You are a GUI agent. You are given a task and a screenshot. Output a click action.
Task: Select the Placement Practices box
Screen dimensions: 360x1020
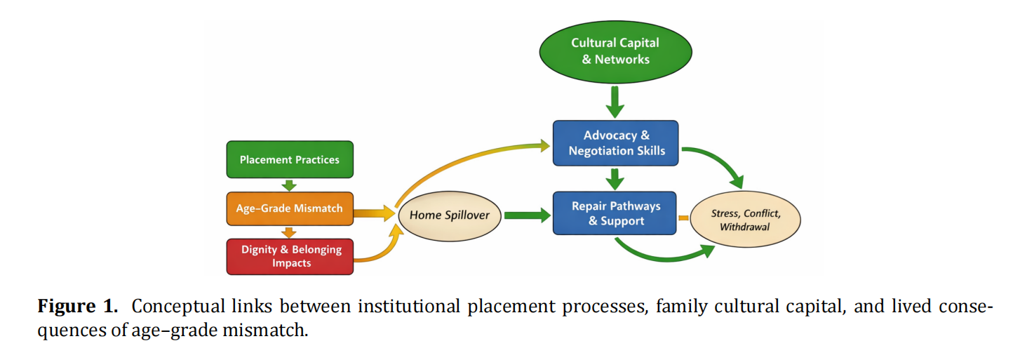(x=289, y=159)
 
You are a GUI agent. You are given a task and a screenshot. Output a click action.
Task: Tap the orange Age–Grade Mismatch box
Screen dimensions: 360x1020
(x=289, y=208)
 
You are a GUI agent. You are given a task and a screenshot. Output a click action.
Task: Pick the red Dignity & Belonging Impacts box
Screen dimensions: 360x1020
(x=289, y=256)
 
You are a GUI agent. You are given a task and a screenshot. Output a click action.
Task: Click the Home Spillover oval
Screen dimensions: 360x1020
(x=449, y=215)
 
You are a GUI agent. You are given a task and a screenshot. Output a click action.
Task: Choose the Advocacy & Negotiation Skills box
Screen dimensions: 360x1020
(x=615, y=143)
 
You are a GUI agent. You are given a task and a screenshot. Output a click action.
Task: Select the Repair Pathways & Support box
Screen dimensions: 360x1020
(x=615, y=213)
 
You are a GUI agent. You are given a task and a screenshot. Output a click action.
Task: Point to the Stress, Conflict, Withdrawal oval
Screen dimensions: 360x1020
(x=744, y=219)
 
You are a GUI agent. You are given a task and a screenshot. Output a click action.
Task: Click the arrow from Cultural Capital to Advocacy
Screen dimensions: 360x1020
(x=615, y=102)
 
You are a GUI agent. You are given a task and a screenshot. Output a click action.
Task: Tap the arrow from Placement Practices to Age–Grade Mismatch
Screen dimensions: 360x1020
(x=289, y=185)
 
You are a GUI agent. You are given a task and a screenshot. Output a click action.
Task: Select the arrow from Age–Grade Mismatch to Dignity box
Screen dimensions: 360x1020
(x=289, y=232)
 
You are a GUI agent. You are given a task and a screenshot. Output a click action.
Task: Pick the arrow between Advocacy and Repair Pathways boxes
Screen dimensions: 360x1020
(x=615, y=179)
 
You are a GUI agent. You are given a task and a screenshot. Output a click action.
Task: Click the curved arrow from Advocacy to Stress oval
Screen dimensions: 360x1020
(x=719, y=164)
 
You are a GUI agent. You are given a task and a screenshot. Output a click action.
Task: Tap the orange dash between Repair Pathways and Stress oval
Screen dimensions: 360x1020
(x=683, y=218)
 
